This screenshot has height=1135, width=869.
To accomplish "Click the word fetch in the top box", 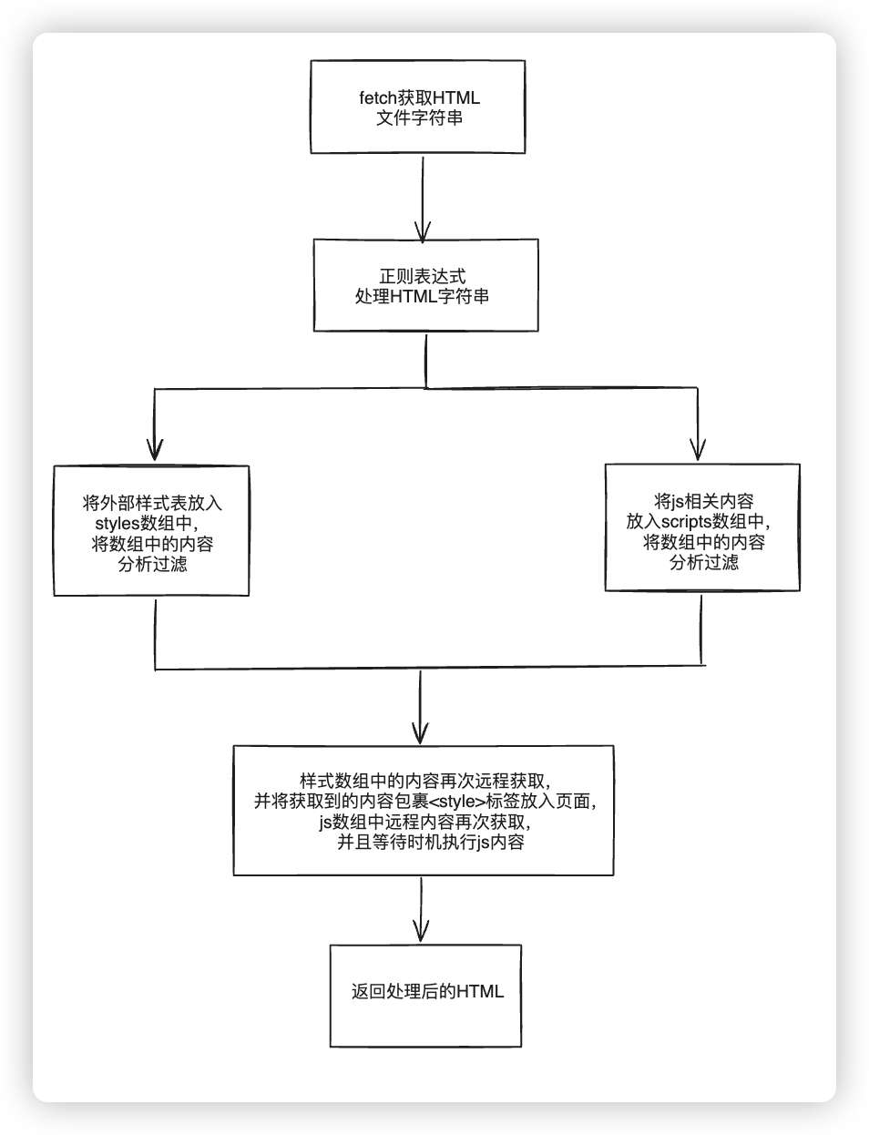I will point(378,98).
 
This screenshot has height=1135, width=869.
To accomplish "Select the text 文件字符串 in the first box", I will point(419,118).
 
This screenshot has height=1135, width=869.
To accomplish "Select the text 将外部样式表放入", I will point(152,503).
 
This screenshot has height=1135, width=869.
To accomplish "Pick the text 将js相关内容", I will point(703,501).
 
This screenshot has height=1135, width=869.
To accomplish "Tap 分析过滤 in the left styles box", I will point(152,565).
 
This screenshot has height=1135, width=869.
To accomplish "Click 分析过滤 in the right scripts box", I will point(703,563).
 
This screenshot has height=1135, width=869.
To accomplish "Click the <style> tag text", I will point(455,803).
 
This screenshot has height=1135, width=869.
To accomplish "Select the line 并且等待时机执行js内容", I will point(430,844).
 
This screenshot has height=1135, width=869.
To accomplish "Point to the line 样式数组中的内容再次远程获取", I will point(424,782).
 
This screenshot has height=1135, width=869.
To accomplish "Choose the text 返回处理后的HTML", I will point(427,992).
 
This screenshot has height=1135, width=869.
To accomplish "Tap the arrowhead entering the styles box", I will point(155,451).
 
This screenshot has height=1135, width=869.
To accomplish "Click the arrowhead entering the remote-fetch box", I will point(420,732).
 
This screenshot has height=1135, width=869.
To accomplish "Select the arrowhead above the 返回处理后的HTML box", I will point(421,931).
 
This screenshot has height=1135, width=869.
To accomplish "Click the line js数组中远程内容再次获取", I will point(424,823).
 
